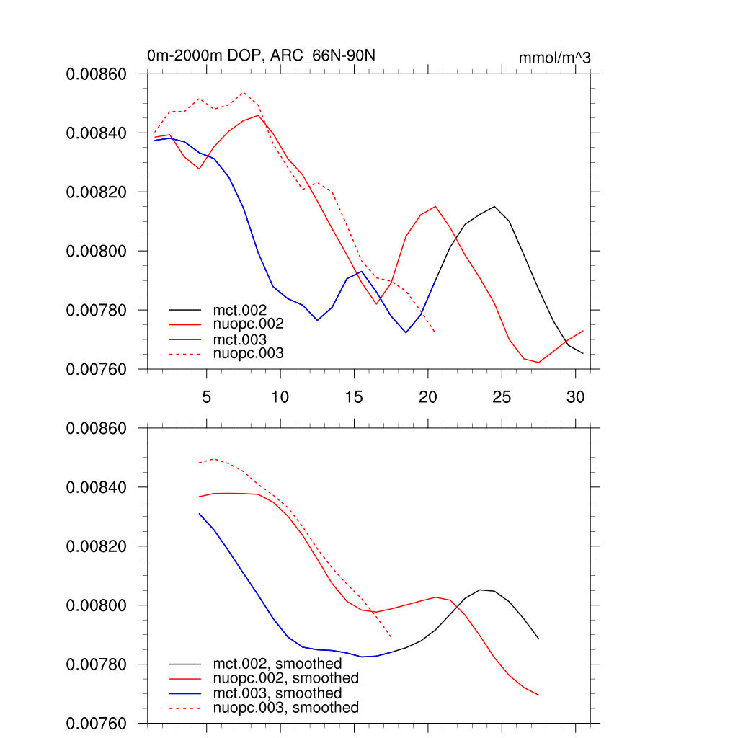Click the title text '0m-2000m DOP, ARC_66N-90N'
tap(261, 56)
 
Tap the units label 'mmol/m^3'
tap(554, 58)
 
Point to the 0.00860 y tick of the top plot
tap(97, 74)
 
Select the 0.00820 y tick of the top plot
tap(97, 192)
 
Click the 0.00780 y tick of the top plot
tap(97, 311)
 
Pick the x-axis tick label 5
tap(206, 397)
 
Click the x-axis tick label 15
tap(354, 397)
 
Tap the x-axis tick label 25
tap(502, 397)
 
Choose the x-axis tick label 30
tap(575, 397)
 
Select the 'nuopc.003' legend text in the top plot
tap(249, 353)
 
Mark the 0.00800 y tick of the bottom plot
tap(97, 605)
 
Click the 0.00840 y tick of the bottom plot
tap(97, 488)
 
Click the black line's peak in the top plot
tap(494, 207)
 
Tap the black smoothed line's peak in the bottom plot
tap(480, 590)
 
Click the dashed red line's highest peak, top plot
tap(244, 92)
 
